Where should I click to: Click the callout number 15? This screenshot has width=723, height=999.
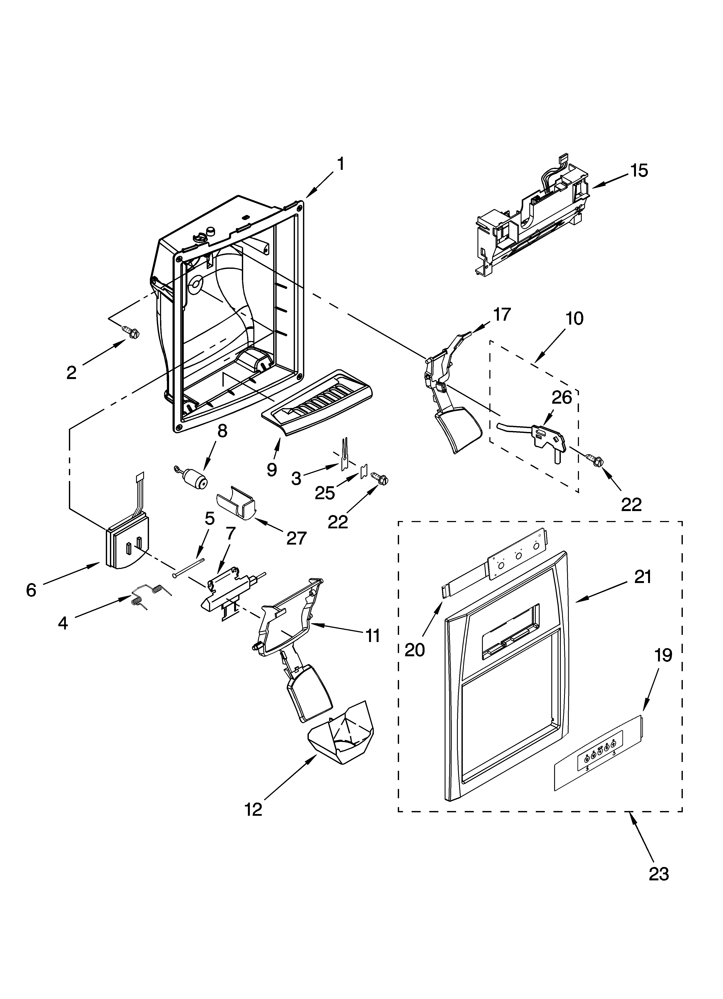(639, 170)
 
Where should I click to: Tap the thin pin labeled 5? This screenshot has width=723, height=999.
(189, 567)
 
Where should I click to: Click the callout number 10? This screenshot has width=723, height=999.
(574, 318)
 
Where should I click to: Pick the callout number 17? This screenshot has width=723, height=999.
(501, 314)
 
